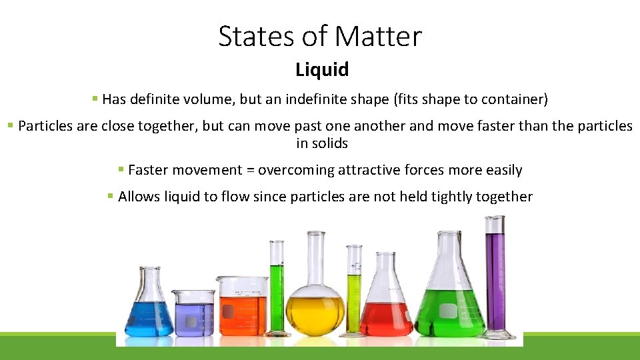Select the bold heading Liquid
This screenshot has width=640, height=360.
coord(322,69)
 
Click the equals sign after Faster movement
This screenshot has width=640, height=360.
coord(250,170)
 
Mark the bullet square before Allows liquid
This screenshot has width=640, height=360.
coord(110,196)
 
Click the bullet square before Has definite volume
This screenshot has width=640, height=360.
coord(95,99)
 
